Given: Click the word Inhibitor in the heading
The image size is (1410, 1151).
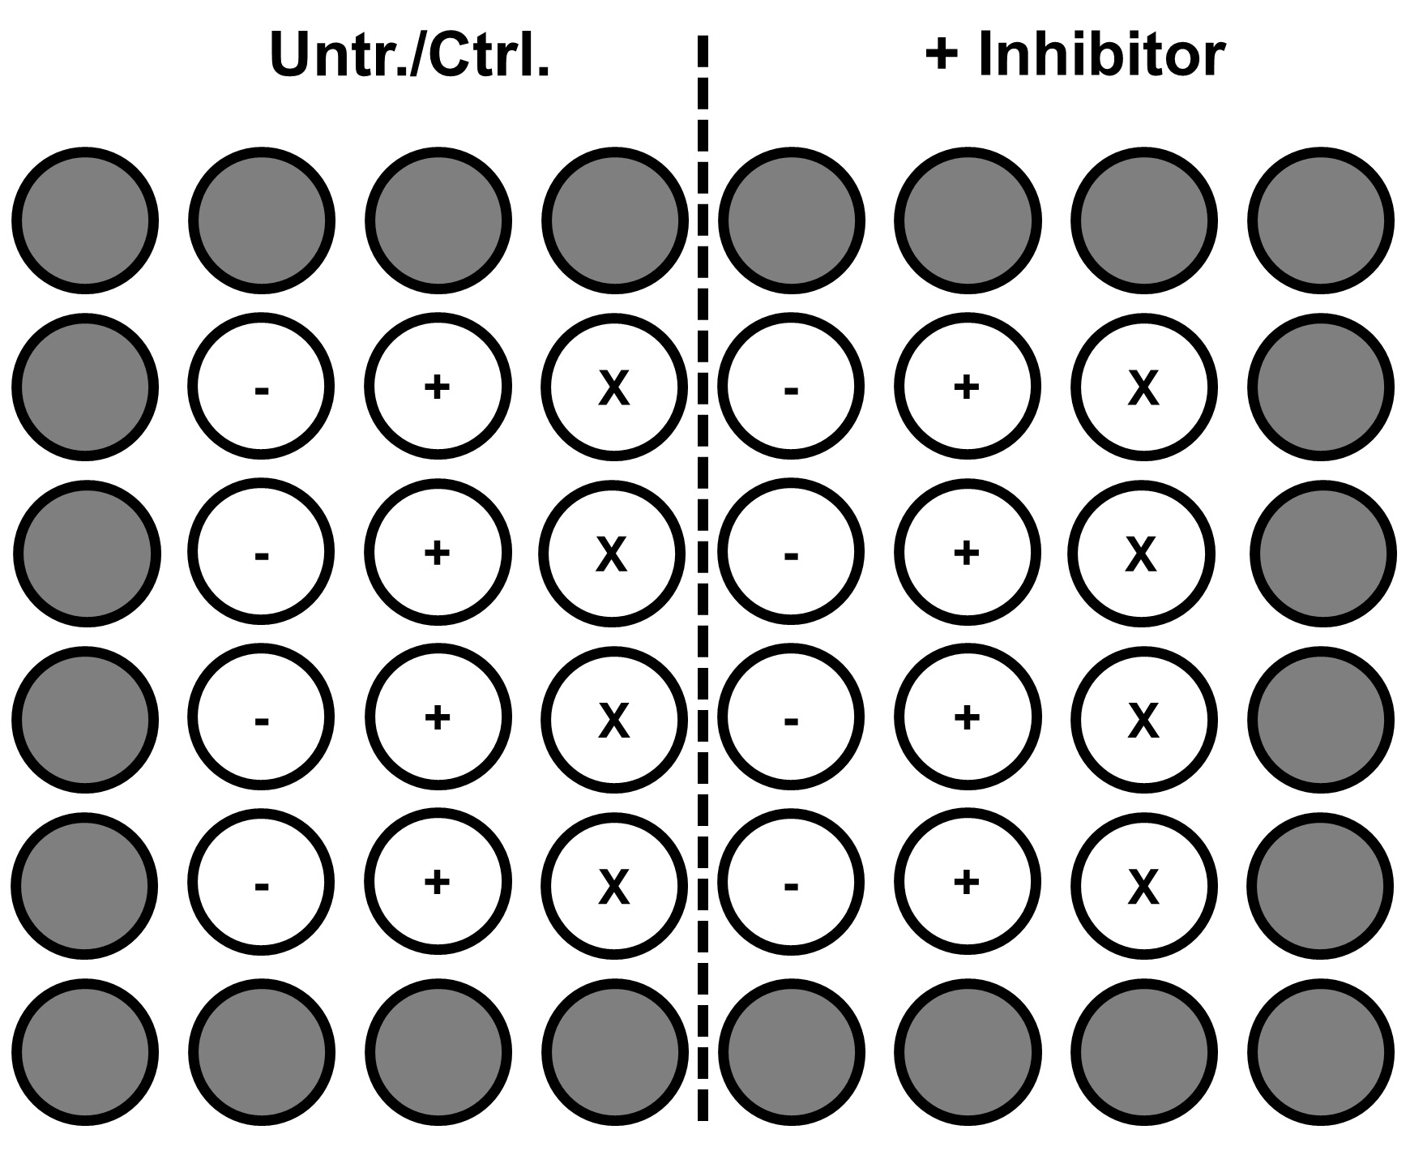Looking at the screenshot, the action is (x=1101, y=54).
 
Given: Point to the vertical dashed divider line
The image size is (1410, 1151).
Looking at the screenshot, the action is (x=703, y=577).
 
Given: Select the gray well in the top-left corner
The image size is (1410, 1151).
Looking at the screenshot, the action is (x=85, y=220).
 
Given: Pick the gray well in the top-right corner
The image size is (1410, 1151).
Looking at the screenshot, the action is (x=1321, y=220).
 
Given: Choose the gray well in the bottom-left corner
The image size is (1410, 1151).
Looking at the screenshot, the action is (x=85, y=1052).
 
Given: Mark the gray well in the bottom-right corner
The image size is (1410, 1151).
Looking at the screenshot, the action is (x=1321, y=1052).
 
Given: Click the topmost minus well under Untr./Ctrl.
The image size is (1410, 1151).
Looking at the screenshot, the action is (x=261, y=387).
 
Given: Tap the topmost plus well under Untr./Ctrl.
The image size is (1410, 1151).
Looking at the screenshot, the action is (x=438, y=387).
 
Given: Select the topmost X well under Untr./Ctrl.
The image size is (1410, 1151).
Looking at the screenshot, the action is (x=613, y=387).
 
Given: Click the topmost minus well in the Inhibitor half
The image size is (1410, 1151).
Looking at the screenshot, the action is (x=791, y=387).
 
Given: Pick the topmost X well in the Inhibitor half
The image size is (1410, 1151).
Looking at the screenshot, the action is (x=1143, y=387).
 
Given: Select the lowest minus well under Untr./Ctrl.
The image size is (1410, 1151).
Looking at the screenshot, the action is (x=261, y=884).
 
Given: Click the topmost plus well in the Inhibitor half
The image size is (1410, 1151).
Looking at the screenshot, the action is (x=967, y=387).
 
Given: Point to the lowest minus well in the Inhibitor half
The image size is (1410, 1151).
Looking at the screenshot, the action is (x=791, y=884).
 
